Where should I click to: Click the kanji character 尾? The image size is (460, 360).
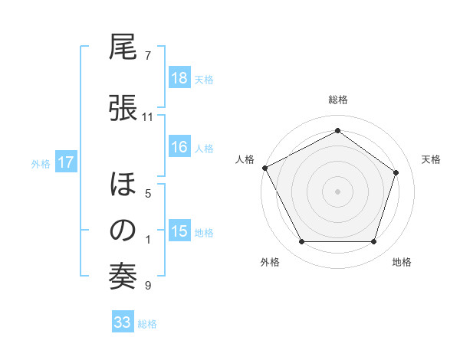pos(123,49)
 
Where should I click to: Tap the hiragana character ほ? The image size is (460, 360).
pos(123,186)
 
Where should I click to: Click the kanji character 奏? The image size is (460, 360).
pos(123,277)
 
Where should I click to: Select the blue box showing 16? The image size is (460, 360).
pos(179,148)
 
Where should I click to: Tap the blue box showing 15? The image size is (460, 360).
pos(179,232)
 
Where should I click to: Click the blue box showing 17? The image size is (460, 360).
pos(66,162)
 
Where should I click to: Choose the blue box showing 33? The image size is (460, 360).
pos(122,322)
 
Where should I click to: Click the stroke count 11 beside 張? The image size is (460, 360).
pos(148,117)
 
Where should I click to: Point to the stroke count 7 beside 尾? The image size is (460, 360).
pos(148,56)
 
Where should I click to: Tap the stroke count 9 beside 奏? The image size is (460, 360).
pos(148,286)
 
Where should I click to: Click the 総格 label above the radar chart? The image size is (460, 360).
pos(338,100)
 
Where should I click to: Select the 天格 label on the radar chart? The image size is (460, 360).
pos(432,159)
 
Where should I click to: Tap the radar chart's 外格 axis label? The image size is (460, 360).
pos(270,262)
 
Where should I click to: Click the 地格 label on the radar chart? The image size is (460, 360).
pos(402,262)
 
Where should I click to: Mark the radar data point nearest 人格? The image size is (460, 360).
pos(264,167)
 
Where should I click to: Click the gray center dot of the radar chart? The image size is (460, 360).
pos(337,191)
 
